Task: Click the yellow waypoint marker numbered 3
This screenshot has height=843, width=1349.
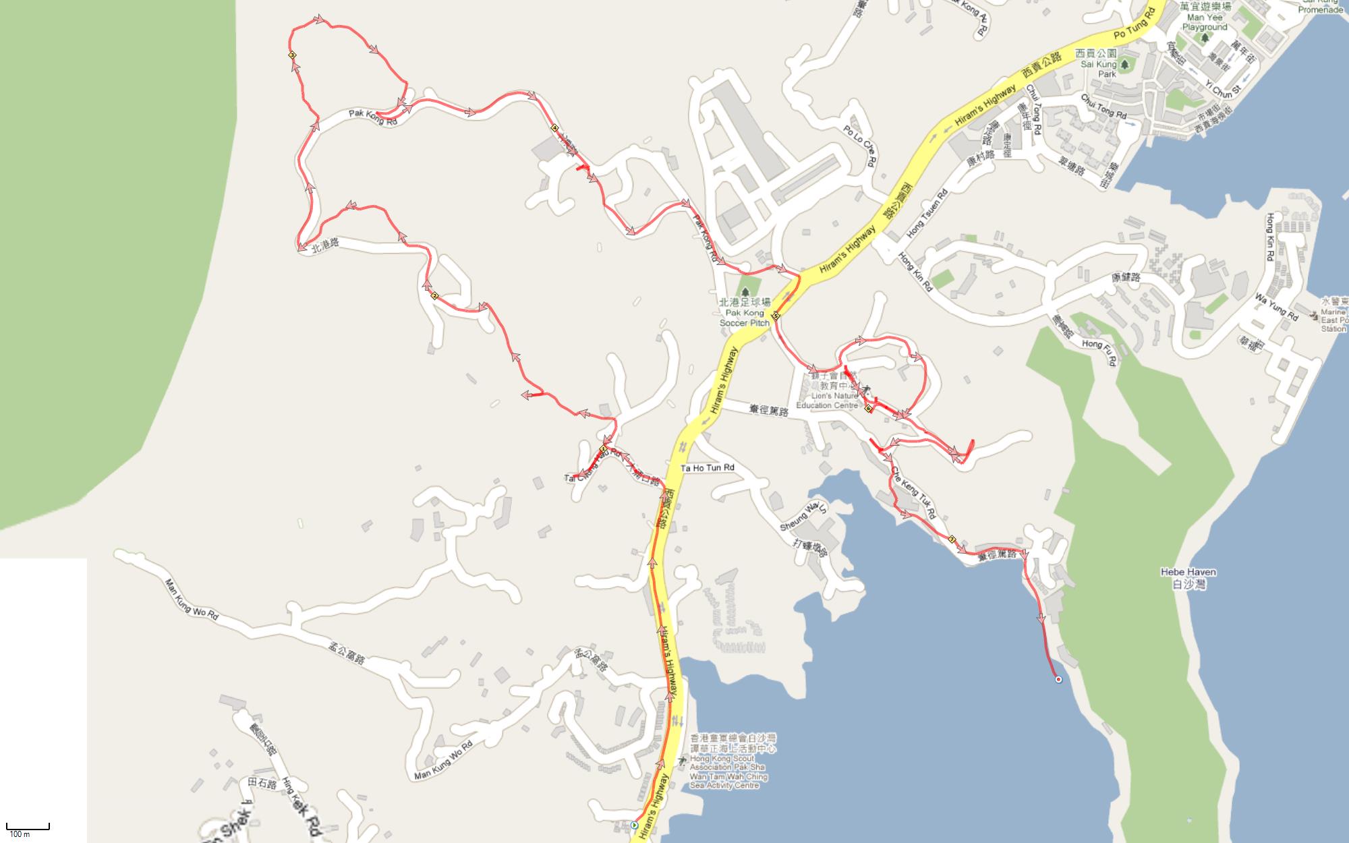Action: [292, 55]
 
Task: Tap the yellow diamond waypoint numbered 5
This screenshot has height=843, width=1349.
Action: [776, 315]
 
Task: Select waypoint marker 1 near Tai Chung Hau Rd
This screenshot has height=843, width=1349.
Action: [604, 448]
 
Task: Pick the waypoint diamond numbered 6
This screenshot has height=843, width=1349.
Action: [868, 408]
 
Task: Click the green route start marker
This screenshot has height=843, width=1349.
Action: [634, 824]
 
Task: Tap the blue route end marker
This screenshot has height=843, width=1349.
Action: [1058, 679]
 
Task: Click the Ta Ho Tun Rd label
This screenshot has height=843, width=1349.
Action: [707, 467]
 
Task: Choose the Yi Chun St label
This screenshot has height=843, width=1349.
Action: [1223, 90]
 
